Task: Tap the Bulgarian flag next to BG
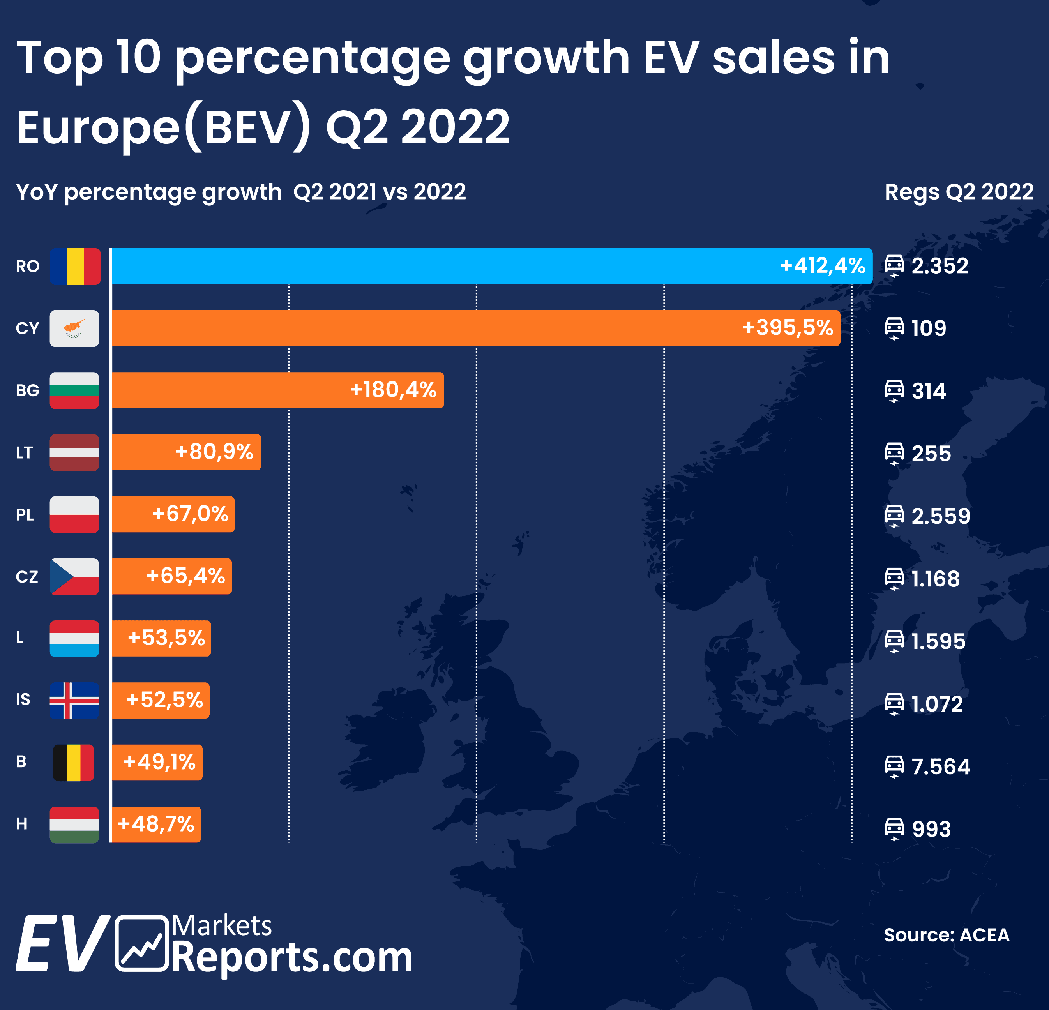[74, 390]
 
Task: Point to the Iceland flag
[74, 700]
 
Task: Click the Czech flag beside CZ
[74, 576]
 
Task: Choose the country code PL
[25, 515]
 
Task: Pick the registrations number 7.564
[941, 766]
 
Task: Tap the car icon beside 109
[894, 328]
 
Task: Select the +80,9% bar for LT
[186, 452]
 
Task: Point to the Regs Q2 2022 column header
[959, 192]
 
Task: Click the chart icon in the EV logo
[142, 943]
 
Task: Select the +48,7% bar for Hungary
[156, 824]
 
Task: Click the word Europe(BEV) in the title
[163, 127]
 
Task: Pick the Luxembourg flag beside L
[74, 639]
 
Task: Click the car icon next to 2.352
[894, 266]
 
